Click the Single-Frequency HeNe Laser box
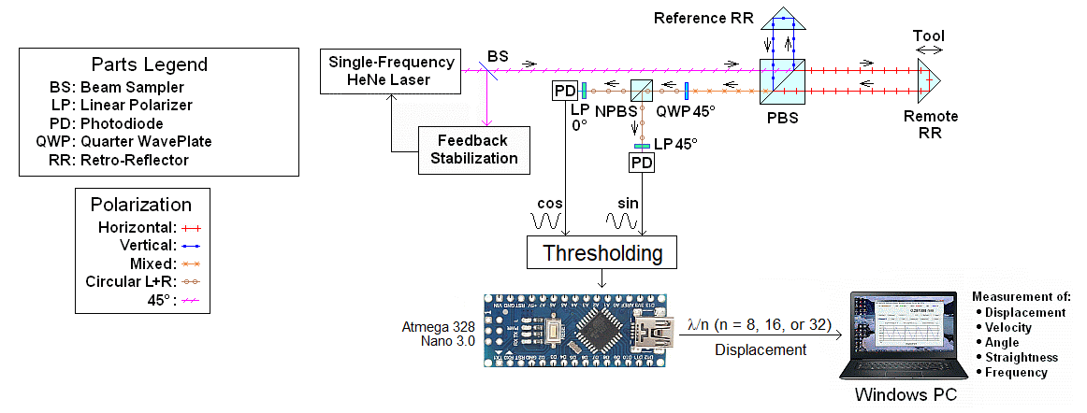392,71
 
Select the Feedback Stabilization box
474,150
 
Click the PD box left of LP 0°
563,92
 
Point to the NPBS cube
642,92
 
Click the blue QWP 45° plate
687,92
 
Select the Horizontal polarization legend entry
150,228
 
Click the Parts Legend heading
150,64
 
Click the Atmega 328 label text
439,326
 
